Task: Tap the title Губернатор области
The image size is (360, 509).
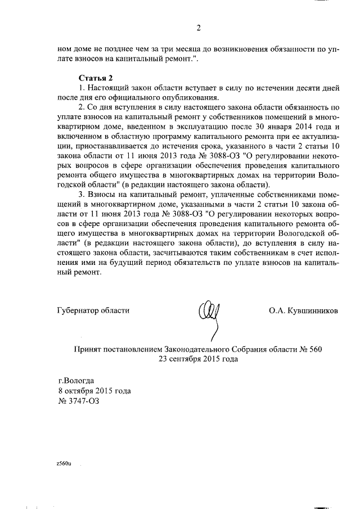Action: (x=93, y=310)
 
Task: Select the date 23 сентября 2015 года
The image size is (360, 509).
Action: (x=199, y=359)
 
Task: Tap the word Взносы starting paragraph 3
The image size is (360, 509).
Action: (x=100, y=205)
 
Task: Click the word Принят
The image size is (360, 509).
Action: (x=89, y=349)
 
